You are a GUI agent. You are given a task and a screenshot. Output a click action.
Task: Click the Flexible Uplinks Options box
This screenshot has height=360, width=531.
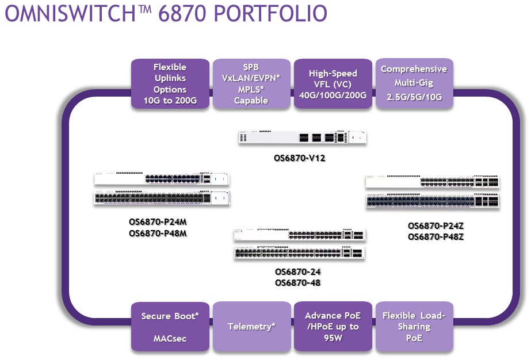tap(170, 83)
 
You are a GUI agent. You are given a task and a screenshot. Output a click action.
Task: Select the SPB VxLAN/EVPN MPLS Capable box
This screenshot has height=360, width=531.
tap(251, 83)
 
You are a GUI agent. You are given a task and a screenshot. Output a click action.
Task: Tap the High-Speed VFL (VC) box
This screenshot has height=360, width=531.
tap(333, 83)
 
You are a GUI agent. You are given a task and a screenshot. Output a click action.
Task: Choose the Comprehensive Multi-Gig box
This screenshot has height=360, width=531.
tap(414, 83)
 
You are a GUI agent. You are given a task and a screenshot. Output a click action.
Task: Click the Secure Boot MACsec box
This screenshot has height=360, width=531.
tap(170, 327)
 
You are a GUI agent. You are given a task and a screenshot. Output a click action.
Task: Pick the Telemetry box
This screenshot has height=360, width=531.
tap(251, 327)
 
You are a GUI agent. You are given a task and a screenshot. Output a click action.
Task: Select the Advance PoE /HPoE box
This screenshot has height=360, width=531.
tap(333, 327)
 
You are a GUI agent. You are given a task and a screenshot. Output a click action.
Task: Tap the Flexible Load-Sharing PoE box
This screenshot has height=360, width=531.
tap(414, 327)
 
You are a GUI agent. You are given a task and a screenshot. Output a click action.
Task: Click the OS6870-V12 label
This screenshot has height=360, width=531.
tap(300, 158)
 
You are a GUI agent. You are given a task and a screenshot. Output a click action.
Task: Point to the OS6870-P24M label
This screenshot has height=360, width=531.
tap(158, 222)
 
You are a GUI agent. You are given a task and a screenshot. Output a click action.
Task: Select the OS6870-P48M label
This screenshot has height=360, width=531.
tap(158, 233)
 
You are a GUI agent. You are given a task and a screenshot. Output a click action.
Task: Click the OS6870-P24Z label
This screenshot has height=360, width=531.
tap(436, 225)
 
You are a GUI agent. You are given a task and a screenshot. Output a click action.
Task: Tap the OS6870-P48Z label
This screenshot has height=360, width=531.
tap(436, 236)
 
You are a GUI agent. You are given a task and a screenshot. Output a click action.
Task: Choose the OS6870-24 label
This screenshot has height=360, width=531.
tap(298, 271)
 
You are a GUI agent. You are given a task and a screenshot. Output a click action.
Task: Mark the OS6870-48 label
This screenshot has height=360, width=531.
tap(298, 282)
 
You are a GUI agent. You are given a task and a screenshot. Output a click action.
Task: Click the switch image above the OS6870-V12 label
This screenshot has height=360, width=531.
tap(302, 137)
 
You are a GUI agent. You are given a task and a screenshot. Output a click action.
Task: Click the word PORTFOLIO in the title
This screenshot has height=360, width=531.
tap(270, 14)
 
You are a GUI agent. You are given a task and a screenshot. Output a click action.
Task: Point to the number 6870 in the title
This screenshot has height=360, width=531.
tap(182, 14)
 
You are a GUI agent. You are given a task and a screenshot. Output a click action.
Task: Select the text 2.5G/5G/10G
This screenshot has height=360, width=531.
tap(414, 97)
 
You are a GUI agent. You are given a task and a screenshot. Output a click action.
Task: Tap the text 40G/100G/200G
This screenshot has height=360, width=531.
tap(333, 95)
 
